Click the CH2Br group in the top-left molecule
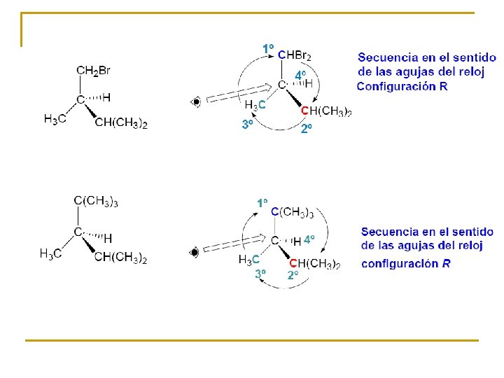93,70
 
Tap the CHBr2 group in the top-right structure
295,55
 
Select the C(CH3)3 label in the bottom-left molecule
96,202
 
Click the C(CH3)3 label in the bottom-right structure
292,212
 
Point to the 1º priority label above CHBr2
268,48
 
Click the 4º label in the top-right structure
300,74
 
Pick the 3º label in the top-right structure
247,125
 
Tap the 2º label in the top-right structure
307,129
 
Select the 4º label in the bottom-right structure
309,239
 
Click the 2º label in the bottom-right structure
293,275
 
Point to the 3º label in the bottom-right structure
260,274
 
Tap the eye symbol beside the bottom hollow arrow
195,251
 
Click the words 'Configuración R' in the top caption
402,87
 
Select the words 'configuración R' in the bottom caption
406,264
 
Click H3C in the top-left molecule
55,119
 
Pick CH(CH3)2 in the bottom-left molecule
120,258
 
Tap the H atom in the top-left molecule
106,97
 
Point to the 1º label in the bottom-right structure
262,202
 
